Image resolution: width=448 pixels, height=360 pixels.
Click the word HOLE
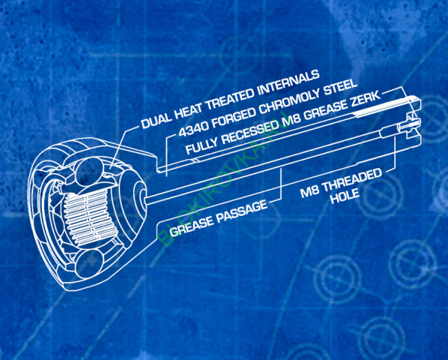coord(345,197)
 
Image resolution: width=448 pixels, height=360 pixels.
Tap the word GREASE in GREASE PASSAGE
coord(191,226)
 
